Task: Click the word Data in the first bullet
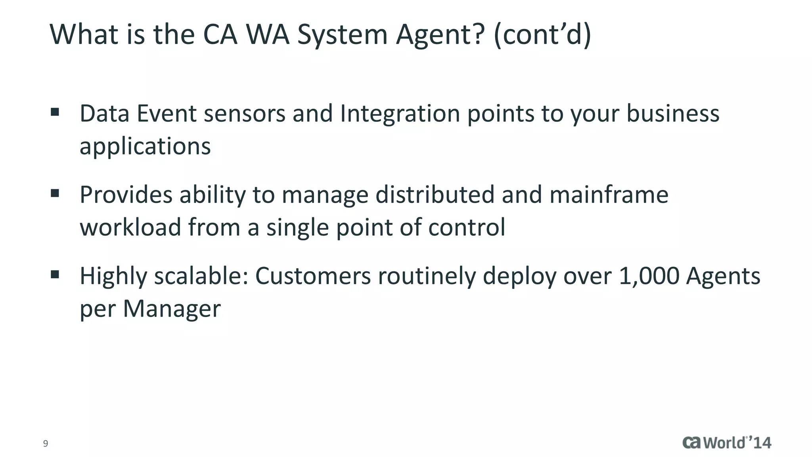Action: pyautogui.click(x=105, y=113)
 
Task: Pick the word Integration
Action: pyautogui.click(x=400, y=113)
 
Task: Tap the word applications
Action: pyautogui.click(x=145, y=147)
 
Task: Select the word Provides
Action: pyautogui.click(x=126, y=195)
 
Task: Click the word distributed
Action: pyautogui.click(x=435, y=195)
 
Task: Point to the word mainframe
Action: pyautogui.click(x=609, y=195)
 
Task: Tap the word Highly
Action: pyautogui.click(x=113, y=277)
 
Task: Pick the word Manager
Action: pyautogui.click(x=172, y=309)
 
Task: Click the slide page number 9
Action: pyautogui.click(x=46, y=444)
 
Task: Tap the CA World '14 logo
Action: pyautogui.click(x=726, y=443)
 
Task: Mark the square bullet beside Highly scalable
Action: pyautogui.click(x=55, y=274)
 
